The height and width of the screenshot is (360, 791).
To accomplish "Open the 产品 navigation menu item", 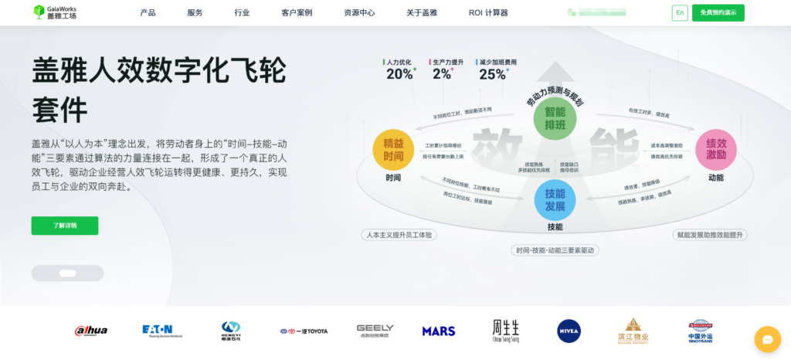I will [148, 13].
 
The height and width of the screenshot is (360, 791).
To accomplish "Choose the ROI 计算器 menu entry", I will [488, 13].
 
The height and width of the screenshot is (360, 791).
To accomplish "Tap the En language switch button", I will [680, 13].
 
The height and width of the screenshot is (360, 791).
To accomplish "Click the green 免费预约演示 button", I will [718, 13].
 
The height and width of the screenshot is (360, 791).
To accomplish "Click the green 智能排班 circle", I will [555, 118].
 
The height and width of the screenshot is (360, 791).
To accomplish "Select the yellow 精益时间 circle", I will [393, 149].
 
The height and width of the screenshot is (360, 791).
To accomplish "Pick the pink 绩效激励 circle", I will [715, 149].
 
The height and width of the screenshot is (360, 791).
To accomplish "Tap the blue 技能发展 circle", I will [555, 200].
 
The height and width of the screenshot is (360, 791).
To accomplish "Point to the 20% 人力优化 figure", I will [400, 74].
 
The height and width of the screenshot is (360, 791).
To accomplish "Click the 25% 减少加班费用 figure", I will [493, 74].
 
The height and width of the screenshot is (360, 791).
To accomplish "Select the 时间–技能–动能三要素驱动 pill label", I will [556, 250].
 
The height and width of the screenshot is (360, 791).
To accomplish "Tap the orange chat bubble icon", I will [768, 338].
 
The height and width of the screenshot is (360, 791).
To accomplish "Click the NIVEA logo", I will [569, 331].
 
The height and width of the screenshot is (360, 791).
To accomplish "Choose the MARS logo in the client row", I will [439, 331].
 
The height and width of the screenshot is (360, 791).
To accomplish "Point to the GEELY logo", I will [375, 331].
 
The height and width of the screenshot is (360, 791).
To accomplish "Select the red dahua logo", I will [91, 331].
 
